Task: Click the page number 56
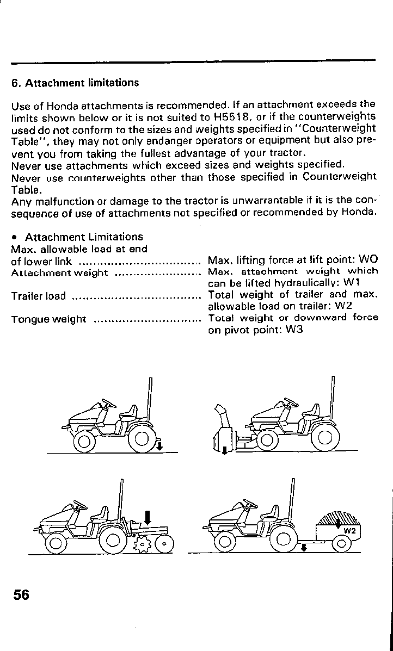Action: (21, 594)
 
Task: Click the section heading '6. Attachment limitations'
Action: (75, 83)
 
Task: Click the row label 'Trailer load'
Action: (38, 296)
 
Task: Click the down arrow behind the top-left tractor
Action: (159, 447)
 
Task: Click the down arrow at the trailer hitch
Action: (304, 546)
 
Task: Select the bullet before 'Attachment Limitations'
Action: (15, 238)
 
